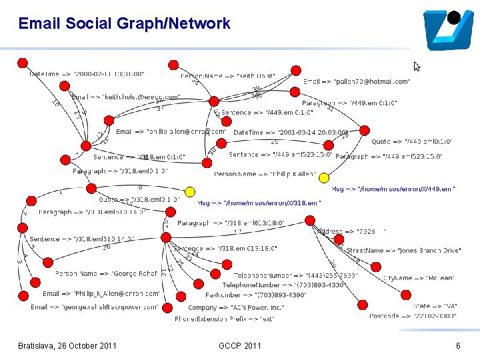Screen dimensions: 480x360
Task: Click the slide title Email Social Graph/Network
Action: tap(124, 24)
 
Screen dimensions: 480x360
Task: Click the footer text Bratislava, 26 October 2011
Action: tap(67, 345)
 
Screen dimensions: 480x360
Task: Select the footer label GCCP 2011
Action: tap(240, 345)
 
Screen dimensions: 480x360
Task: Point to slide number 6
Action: tap(458, 345)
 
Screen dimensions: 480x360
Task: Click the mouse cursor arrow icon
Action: tap(417, 66)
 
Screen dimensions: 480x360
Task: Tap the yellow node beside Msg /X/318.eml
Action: tap(190, 192)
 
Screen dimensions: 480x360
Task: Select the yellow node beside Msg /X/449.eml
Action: tap(324, 178)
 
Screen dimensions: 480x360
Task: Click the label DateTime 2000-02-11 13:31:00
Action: tap(87, 74)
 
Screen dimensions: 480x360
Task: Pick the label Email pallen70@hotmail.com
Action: tap(357, 81)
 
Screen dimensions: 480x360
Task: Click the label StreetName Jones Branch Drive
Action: tap(403, 251)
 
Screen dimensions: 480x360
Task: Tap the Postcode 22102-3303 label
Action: tap(413, 316)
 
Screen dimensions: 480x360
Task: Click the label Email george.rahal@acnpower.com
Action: tap(94, 307)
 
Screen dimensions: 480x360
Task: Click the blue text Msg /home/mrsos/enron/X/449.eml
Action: tap(393, 189)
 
